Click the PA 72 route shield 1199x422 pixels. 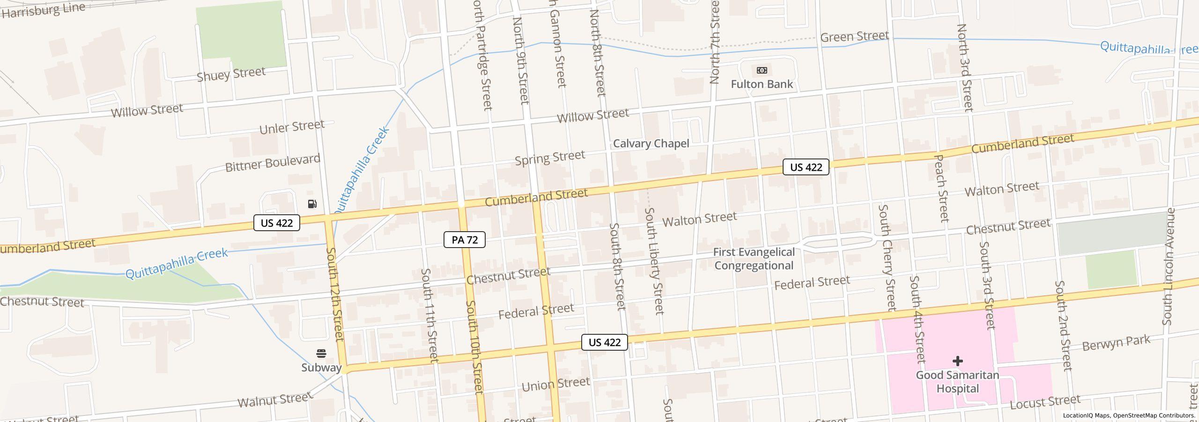[x=464, y=240]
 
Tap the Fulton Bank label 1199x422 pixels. [x=762, y=84]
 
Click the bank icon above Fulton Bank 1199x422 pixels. [x=762, y=70]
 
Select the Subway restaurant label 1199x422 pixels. [x=321, y=368]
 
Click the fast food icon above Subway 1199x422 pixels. [x=321, y=353]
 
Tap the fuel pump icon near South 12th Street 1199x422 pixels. [x=312, y=203]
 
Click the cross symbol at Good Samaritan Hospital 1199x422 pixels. [x=957, y=361]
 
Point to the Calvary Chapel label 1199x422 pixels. [x=651, y=143]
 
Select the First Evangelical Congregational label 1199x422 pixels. [x=754, y=259]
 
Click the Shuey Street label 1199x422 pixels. [x=231, y=74]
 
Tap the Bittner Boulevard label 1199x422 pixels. [x=273, y=163]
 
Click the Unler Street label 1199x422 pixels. [x=291, y=127]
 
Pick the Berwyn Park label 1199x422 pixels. [x=1116, y=343]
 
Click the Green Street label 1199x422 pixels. [x=854, y=37]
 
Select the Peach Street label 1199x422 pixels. [x=941, y=188]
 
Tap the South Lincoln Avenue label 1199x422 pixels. [x=1169, y=266]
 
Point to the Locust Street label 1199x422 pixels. [x=1044, y=402]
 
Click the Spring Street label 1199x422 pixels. [x=549, y=158]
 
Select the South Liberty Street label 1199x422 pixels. [x=654, y=260]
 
